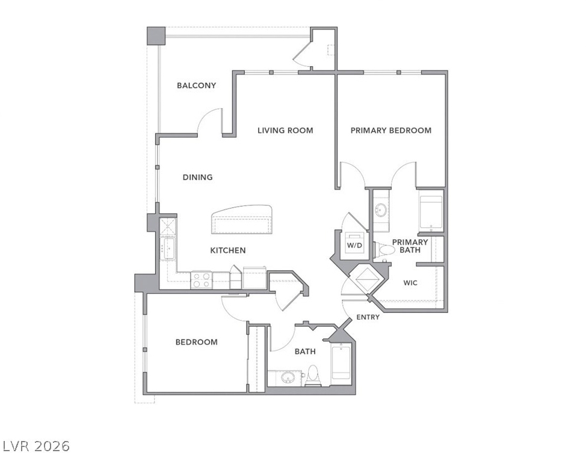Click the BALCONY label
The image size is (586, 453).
coord(196,85)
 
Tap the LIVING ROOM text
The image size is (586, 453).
coord(285,130)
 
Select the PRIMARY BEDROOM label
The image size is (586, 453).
coord(391,130)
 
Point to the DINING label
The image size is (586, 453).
coord(197,177)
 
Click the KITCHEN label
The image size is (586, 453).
coord(228,251)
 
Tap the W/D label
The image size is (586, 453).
coord(354,246)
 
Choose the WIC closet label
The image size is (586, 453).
coord(410,283)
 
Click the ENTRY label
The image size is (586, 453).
coord(368,317)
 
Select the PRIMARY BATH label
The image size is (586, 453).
coord(410,246)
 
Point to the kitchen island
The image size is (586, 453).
coord(241,220)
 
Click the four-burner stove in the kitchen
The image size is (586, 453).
coord(202,280)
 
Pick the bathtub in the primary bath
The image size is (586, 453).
coord(431,211)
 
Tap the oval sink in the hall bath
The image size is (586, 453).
coord(288,377)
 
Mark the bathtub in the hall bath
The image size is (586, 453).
coord(341,363)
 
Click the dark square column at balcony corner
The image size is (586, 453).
coord(156,36)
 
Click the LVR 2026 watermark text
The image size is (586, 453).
coord(36,446)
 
